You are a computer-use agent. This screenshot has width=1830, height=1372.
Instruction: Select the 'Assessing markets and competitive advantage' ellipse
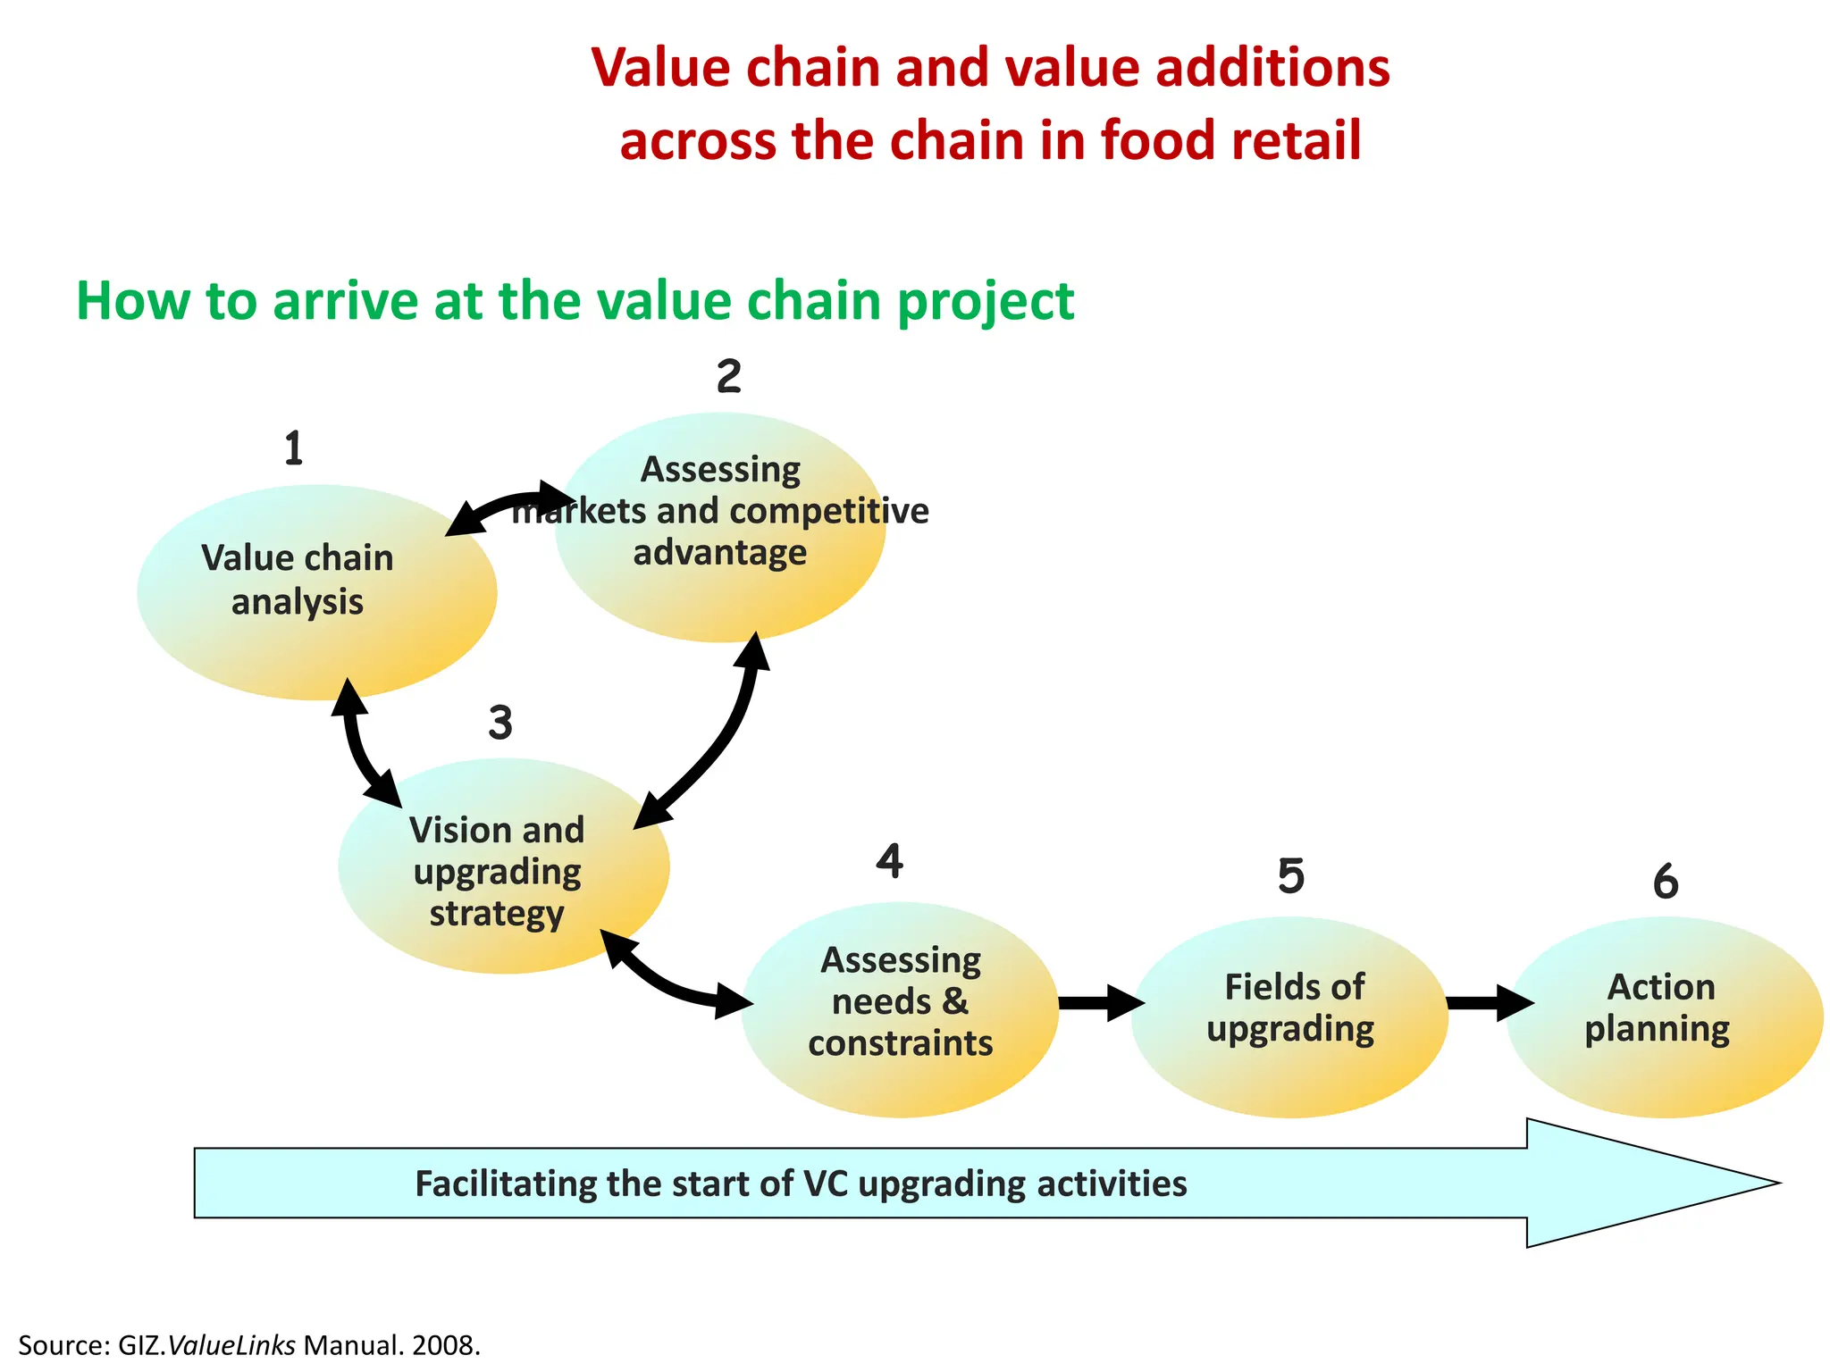(x=720, y=527)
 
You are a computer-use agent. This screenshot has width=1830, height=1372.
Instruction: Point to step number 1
(x=294, y=449)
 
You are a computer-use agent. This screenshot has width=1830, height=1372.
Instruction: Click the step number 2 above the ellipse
(x=728, y=377)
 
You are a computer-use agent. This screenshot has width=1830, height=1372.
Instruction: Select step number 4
(x=889, y=861)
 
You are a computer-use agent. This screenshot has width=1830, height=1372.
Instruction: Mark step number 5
(x=1291, y=876)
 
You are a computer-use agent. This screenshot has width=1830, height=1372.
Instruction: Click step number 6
(x=1666, y=883)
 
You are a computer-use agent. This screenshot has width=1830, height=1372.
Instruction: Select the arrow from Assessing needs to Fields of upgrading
(x=1099, y=1003)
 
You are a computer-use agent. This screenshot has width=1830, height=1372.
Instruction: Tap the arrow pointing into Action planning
(x=1489, y=1003)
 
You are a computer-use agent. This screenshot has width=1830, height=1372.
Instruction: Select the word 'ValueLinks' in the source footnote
(x=231, y=1345)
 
